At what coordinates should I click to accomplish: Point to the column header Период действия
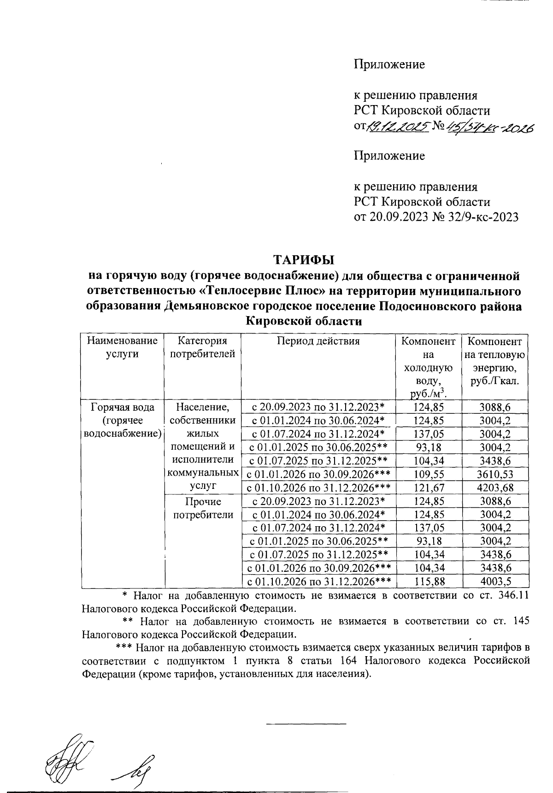[x=318, y=341]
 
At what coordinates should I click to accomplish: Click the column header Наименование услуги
[x=122, y=348]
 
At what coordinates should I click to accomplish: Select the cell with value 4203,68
[x=495, y=488]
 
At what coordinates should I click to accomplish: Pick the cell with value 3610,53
[x=495, y=474]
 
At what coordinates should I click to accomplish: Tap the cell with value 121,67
[x=429, y=488]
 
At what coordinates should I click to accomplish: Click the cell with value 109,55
[x=429, y=474]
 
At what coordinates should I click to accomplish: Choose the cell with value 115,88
[x=429, y=582]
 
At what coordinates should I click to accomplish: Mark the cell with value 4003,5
[x=495, y=582]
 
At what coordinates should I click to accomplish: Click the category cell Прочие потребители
[x=203, y=508]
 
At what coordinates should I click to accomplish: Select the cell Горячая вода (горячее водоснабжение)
[x=122, y=420]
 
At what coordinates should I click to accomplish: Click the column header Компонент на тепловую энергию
[x=495, y=362]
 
